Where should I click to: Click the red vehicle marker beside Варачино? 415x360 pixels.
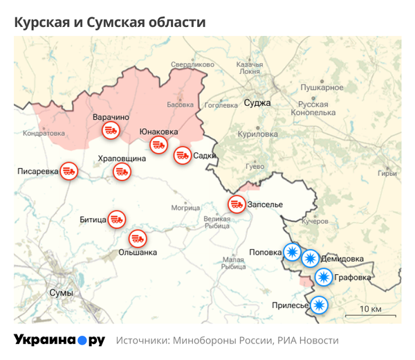click(x=109, y=130)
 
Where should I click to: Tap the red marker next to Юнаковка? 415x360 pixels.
click(x=159, y=145)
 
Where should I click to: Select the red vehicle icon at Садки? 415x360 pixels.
click(x=183, y=156)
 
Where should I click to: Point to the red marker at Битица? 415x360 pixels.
click(x=116, y=220)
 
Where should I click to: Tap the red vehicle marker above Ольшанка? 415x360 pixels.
click(x=138, y=239)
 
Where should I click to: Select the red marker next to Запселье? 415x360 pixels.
click(x=237, y=204)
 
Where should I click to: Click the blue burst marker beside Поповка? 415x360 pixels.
click(x=293, y=252)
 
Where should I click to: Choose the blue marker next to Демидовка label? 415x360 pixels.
click(x=310, y=259)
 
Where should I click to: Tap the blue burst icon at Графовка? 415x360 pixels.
click(x=323, y=278)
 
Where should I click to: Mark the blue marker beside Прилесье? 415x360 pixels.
click(x=318, y=305)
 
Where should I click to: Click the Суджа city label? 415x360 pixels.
click(x=257, y=103)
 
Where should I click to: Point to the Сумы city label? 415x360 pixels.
click(x=61, y=293)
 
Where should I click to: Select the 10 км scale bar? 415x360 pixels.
click(x=370, y=314)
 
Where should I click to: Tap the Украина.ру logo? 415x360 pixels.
click(x=59, y=340)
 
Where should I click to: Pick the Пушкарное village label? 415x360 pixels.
click(x=322, y=88)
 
